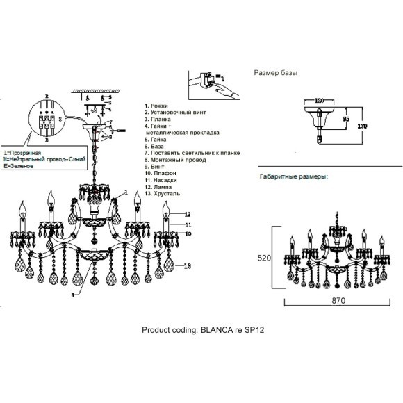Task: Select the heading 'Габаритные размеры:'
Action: click(293, 176)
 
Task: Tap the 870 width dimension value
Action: click(338, 302)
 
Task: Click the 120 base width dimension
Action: click(320, 100)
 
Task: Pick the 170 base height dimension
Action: click(361, 126)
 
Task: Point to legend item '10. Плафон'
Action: click(161, 174)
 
